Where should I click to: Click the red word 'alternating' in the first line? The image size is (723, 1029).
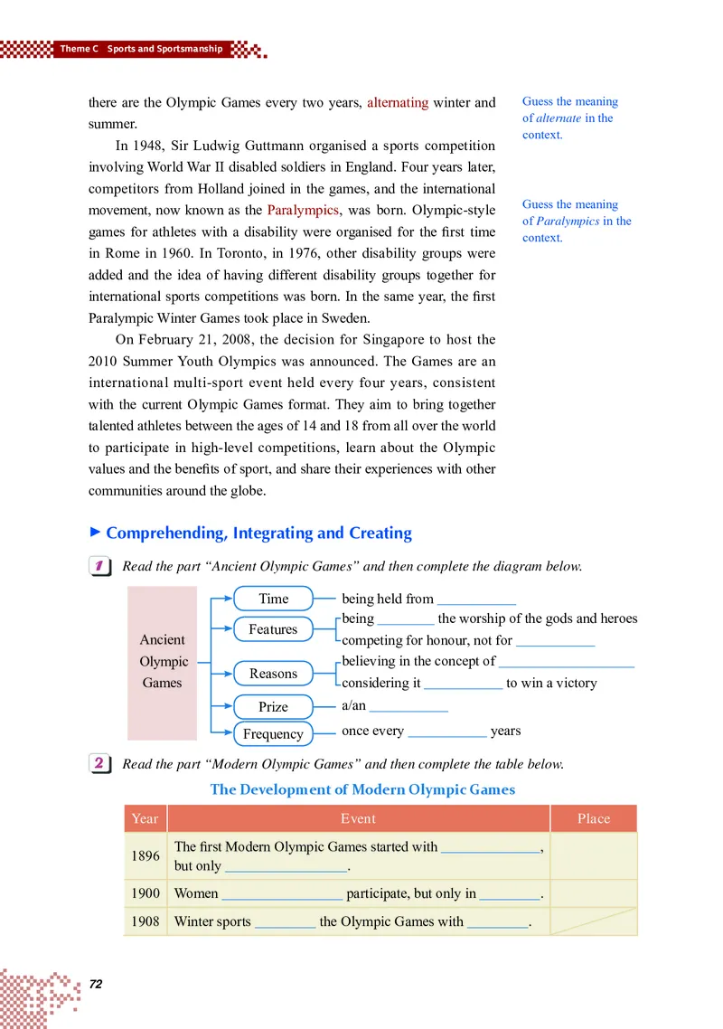pyautogui.click(x=398, y=102)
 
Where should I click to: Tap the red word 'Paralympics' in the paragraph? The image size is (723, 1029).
pyautogui.click(x=303, y=211)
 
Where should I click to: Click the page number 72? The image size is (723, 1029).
pyautogui.click(x=97, y=983)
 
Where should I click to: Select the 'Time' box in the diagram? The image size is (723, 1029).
pyautogui.click(x=273, y=599)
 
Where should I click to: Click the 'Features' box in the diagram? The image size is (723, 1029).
pyautogui.click(x=272, y=629)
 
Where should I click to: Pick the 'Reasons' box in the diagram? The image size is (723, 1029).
pyautogui.click(x=273, y=674)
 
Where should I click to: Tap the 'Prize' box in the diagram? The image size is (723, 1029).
pyautogui.click(x=273, y=707)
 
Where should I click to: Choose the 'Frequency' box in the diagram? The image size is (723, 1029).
pyautogui.click(x=273, y=734)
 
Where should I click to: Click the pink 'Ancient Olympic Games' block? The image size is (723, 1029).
pyautogui.click(x=163, y=662)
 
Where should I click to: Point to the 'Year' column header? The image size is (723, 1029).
pyautogui.click(x=145, y=819)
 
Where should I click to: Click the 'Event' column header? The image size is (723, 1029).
pyautogui.click(x=358, y=819)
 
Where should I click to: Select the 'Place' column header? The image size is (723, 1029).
pyautogui.click(x=593, y=819)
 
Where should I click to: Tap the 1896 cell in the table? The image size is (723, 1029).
pyautogui.click(x=145, y=856)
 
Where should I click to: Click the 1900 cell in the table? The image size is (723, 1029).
pyautogui.click(x=145, y=893)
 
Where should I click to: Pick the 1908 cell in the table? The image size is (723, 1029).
pyautogui.click(x=145, y=922)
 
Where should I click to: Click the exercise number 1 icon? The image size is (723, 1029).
pyautogui.click(x=100, y=567)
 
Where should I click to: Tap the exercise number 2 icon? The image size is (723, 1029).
pyautogui.click(x=100, y=764)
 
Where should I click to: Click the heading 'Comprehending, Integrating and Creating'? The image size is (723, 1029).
pyautogui.click(x=258, y=533)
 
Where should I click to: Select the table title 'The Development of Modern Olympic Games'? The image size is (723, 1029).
pyautogui.click(x=362, y=789)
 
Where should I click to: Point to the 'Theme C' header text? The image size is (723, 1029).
pyautogui.click(x=78, y=49)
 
